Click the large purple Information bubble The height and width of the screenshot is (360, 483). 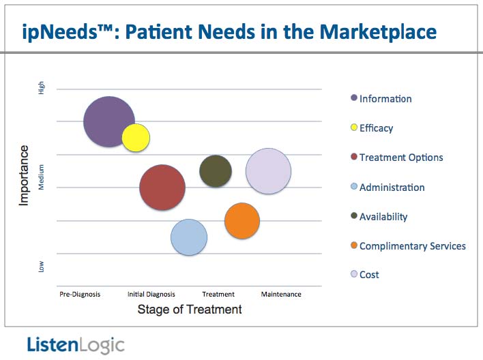tap(108, 121)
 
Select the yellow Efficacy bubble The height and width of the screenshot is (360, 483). tap(136, 138)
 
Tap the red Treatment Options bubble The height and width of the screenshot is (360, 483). tap(162, 187)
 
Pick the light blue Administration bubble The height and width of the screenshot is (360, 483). tap(189, 237)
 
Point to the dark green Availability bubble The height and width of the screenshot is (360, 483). tap(216, 171)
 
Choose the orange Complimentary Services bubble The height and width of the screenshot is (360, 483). tap(242, 221)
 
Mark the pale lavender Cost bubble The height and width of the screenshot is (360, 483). tap(269, 171)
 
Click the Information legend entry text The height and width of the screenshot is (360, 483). tap(385, 98)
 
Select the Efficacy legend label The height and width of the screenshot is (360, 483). tap(376, 127)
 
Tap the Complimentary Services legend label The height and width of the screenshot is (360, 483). tap(412, 245)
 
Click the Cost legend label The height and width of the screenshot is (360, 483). tap(369, 275)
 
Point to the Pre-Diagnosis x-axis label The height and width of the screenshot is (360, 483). tap(80, 295)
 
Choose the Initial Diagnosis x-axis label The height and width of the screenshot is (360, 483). tap(151, 295)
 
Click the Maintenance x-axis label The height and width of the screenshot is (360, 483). tap(281, 295)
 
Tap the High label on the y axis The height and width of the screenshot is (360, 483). tap(42, 88)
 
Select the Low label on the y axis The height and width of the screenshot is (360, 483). tap(42, 267)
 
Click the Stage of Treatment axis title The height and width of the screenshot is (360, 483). tap(190, 310)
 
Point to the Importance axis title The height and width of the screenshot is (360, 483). tap(25, 175)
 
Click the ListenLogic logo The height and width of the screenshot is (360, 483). tap(76, 345)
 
